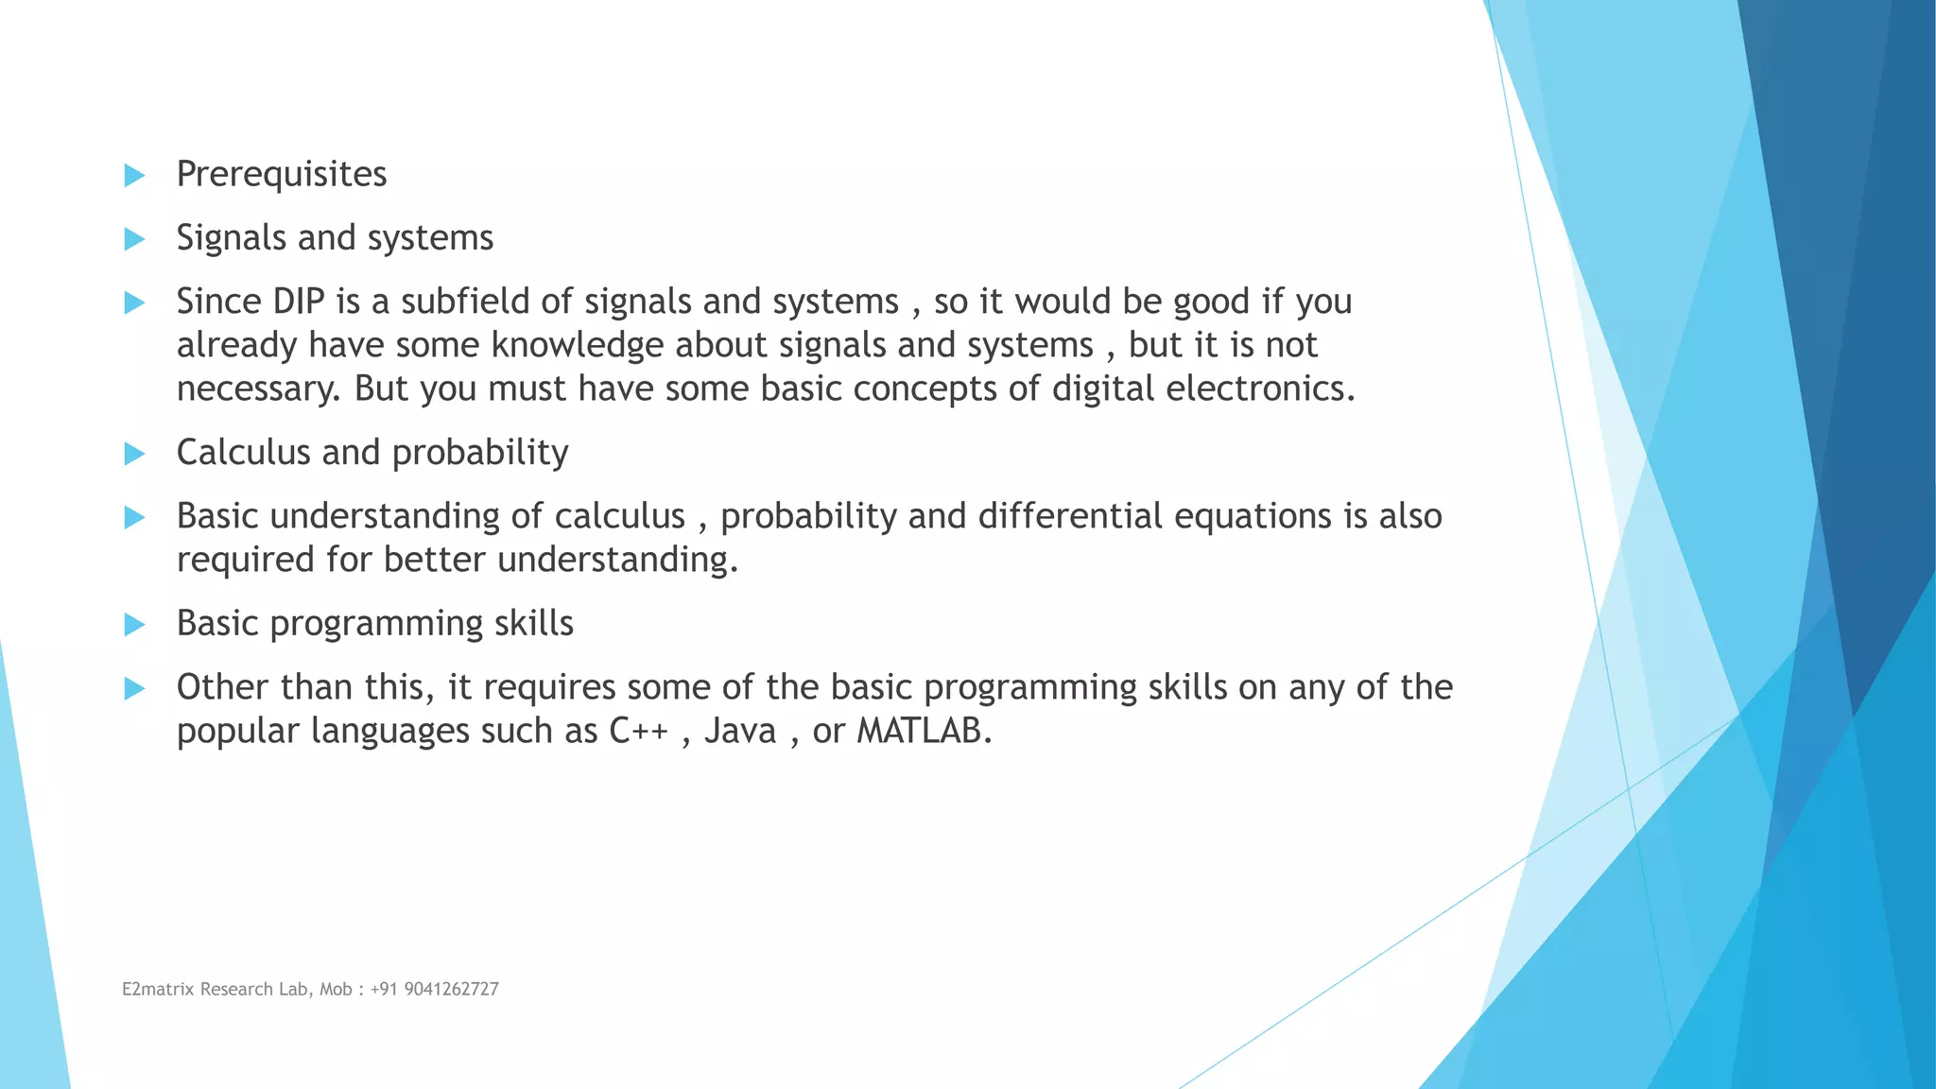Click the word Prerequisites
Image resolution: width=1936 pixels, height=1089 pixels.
point(282,175)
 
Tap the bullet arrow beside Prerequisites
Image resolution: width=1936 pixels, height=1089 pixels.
point(134,175)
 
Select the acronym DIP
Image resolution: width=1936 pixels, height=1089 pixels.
point(298,302)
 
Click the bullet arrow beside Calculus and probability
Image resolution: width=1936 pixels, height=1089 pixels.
point(134,454)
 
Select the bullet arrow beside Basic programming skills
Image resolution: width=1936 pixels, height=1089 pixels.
point(134,625)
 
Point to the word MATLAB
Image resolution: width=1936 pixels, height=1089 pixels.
point(924,731)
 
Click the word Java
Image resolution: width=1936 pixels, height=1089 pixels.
point(740,731)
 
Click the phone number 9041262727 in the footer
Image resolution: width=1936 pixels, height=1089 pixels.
point(451,990)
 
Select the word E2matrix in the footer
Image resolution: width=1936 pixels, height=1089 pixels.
point(158,990)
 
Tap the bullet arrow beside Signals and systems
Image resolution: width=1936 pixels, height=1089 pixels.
point(134,239)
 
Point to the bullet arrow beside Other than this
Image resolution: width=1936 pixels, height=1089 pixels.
point(134,688)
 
